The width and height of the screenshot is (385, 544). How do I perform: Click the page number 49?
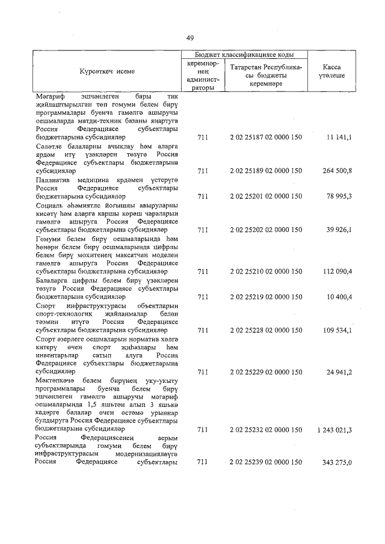coord(190,38)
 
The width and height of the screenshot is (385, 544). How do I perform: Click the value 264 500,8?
coord(336,171)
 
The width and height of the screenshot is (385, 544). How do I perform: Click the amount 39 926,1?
coord(337,230)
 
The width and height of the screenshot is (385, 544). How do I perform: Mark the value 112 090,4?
coord(336,271)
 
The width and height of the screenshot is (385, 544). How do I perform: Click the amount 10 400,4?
coord(337,296)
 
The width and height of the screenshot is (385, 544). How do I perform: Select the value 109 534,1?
coord(336,330)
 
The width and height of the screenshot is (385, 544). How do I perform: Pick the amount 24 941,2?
coord(337,372)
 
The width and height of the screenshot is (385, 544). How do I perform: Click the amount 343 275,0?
coord(336,462)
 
